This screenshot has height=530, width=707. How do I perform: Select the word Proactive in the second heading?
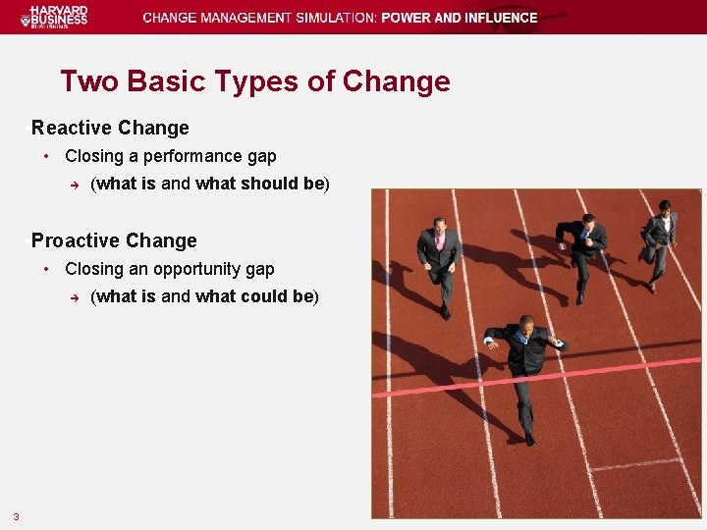(x=74, y=240)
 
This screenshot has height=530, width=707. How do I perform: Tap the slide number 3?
(x=16, y=516)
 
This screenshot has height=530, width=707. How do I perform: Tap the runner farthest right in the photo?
(x=659, y=240)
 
